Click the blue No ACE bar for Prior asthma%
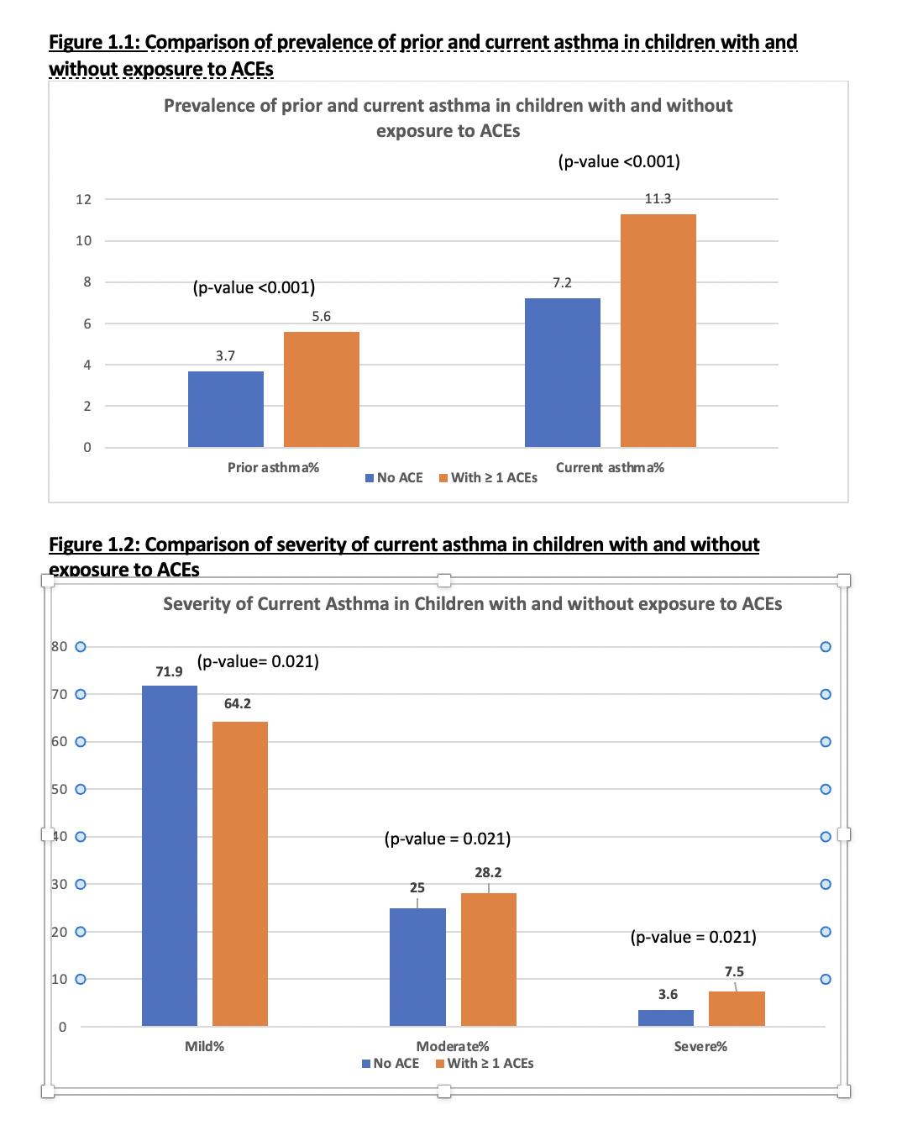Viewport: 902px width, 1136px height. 225,409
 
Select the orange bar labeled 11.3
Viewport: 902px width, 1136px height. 658,330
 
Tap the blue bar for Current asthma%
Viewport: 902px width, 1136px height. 562,373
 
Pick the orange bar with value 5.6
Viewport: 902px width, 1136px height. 322,390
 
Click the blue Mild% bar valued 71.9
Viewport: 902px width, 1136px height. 170,855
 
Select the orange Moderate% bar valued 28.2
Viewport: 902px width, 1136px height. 488,960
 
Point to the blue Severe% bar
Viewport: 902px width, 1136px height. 665,1018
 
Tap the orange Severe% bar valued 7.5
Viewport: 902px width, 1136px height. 737,1009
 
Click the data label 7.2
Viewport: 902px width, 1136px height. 562,283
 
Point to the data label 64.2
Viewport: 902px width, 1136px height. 238,703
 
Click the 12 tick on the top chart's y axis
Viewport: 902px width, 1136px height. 83,199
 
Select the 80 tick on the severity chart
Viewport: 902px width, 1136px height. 59,647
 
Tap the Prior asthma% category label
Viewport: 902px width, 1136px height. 274,467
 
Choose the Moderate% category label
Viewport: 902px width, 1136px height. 453,1046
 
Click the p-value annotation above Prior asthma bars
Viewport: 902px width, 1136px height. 254,287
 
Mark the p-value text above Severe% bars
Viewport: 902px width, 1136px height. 693,937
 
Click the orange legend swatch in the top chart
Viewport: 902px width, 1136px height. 443,478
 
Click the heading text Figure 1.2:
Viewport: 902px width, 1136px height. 94,544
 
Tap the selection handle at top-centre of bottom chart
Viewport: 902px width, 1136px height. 444,581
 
